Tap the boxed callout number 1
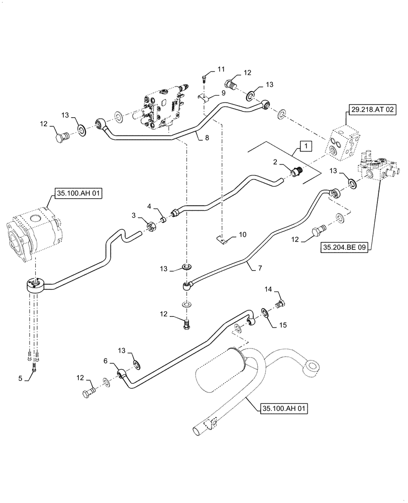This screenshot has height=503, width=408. [305, 146]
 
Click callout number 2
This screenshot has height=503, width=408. [275, 162]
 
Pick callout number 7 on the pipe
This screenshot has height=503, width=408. [259, 268]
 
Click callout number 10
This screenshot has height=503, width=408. [242, 235]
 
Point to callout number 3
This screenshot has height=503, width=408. [133, 215]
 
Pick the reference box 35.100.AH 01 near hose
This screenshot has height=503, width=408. [284, 409]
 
